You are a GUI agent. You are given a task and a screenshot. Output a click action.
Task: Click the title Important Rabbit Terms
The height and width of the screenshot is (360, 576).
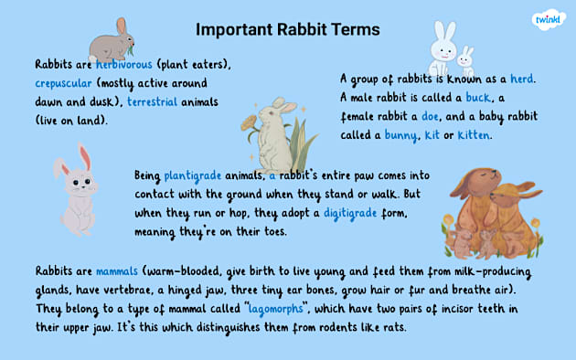point(288,29)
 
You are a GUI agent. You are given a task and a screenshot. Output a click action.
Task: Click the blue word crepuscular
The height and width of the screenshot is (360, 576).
point(67,82)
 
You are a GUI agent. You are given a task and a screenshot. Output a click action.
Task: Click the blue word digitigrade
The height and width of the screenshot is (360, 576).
point(357,213)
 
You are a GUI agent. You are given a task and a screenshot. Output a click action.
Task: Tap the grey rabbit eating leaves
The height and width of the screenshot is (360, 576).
point(112,40)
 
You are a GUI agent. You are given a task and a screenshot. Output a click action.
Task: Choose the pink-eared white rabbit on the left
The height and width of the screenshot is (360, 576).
point(79,190)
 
